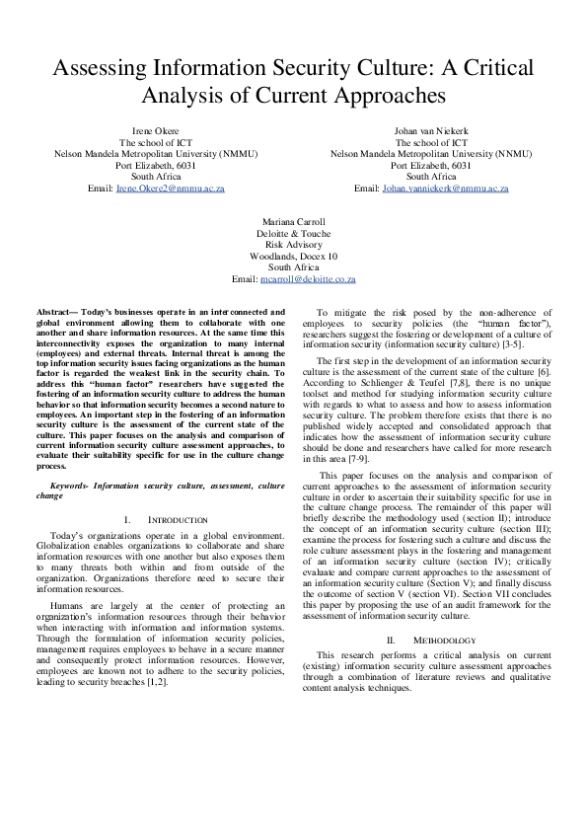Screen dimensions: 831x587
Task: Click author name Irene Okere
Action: coord(156,131)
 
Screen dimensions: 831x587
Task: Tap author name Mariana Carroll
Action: coord(293,222)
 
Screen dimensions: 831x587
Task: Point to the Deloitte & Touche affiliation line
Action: coord(293,234)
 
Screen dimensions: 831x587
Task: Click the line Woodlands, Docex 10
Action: coord(293,256)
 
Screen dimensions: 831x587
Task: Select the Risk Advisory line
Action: coord(293,245)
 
